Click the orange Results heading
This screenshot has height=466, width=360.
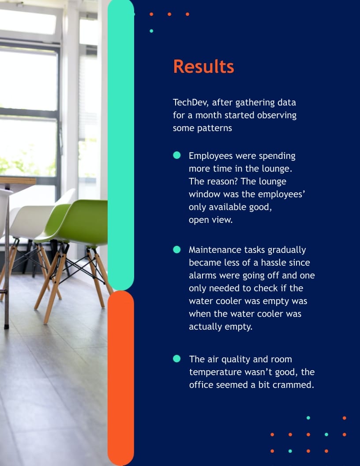tap(203, 67)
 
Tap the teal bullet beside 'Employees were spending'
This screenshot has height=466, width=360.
tap(177, 155)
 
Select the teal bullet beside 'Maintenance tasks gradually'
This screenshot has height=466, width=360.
tap(177, 249)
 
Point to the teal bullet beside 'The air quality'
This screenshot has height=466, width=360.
tap(177, 358)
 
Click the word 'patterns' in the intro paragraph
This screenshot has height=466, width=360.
tap(215, 128)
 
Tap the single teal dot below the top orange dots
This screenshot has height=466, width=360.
tap(151, 31)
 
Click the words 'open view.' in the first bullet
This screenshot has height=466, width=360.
tap(210, 220)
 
